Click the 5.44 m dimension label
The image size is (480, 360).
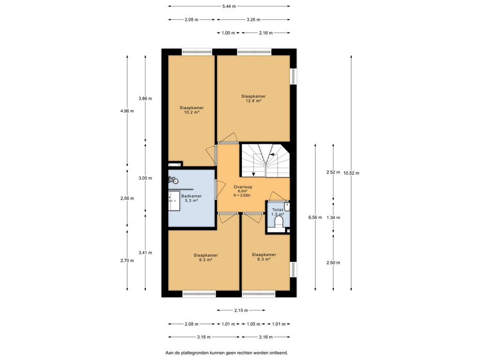[x=229, y=6]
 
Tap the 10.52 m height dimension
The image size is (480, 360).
[x=351, y=173]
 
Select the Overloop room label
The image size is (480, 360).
[x=243, y=187]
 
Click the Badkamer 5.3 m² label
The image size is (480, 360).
[x=191, y=198]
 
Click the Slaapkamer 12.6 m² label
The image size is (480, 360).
[x=253, y=98]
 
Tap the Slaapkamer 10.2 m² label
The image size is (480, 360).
[x=192, y=110]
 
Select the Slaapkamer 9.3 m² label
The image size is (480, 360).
[x=205, y=257]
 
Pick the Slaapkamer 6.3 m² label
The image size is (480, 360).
[x=264, y=257]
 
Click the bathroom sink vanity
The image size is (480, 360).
[x=174, y=201]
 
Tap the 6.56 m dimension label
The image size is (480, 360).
[x=315, y=217]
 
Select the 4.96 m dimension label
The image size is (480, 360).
[x=127, y=111]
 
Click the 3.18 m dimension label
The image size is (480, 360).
[x=203, y=337]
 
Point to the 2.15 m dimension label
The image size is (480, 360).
[x=241, y=310]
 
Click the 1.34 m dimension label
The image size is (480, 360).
[x=333, y=217]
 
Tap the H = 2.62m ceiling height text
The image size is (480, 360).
[x=242, y=195]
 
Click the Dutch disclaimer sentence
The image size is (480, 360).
[x=226, y=353]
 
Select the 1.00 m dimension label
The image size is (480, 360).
[x=228, y=33]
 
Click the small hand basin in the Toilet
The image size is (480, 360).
[x=287, y=206]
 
